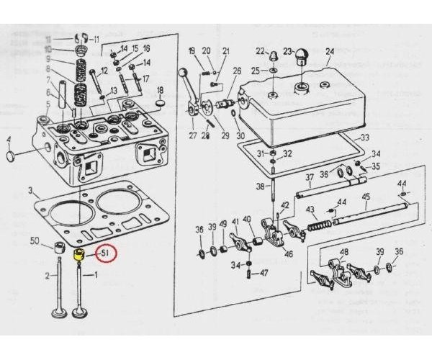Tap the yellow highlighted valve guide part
coord(80,254)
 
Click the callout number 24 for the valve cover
coord(330,51)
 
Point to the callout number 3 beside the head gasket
coord(30,192)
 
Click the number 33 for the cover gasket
coord(365,138)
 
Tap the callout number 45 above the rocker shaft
coord(366,197)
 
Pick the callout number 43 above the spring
coord(311,210)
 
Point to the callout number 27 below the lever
coord(193,135)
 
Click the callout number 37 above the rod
coord(309,178)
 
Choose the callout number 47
coord(264,274)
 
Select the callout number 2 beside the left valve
coord(46,276)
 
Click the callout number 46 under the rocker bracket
coord(289,254)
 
